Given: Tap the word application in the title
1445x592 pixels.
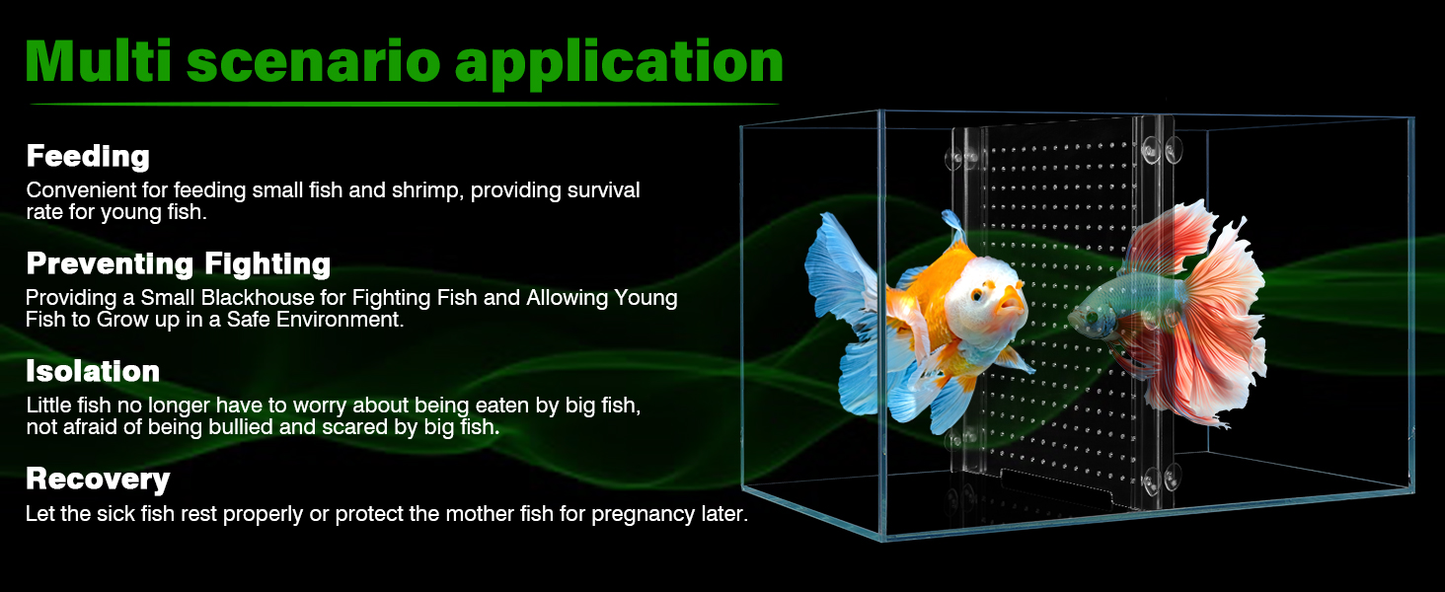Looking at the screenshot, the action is [619, 63].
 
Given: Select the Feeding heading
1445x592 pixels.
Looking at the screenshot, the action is [88, 157].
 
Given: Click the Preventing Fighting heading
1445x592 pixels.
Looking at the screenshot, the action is [178, 263].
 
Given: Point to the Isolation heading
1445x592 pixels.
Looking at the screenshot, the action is [93, 371].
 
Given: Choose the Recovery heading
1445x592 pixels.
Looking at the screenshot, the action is [98, 480].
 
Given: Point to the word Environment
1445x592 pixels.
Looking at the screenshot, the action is [340, 320].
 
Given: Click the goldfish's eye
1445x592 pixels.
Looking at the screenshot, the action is [978, 296].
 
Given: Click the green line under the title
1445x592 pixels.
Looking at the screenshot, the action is [405, 104].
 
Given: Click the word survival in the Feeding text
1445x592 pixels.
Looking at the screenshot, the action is [603, 190].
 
